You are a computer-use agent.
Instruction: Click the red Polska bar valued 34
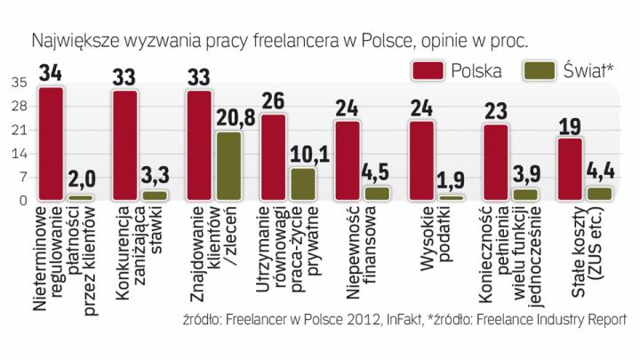[x=52, y=143]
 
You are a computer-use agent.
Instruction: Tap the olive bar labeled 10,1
[x=303, y=183]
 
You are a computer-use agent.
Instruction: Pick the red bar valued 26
[x=274, y=156]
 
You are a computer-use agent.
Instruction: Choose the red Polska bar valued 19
[x=570, y=169]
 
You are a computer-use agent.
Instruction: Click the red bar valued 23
[x=495, y=162]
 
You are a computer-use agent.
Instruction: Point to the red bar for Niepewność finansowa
[x=348, y=160]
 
